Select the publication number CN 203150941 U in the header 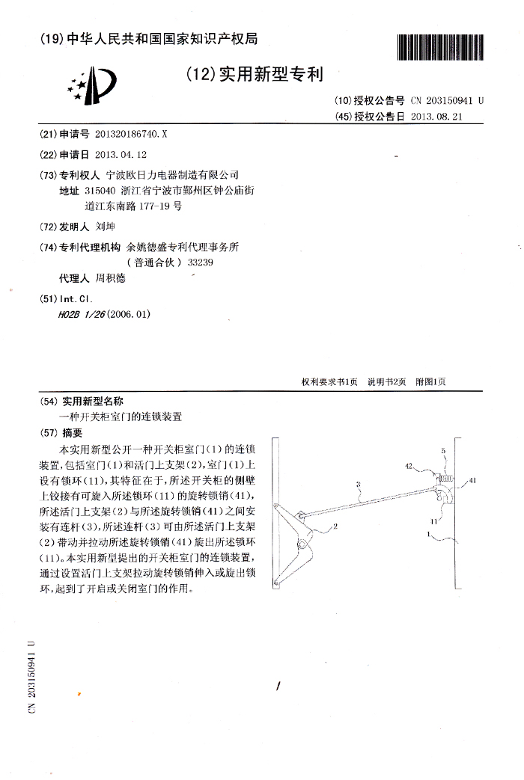447,100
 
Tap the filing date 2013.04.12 122,154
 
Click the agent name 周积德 112,279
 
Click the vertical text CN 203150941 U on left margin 31,676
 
